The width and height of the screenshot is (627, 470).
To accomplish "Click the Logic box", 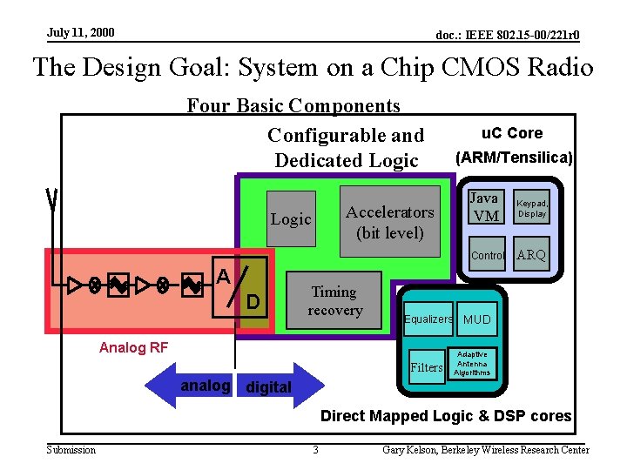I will pyautogui.click(x=291, y=219).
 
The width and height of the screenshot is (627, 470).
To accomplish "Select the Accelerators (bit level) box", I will pyautogui.click(x=389, y=222).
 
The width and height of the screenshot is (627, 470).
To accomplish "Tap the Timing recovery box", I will pyautogui.click(x=334, y=301).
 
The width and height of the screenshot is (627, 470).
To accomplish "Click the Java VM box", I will pyautogui.click(x=484, y=207).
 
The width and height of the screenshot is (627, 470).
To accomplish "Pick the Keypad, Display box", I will pyautogui.click(x=531, y=207).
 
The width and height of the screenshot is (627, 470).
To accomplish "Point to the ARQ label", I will pyautogui.click(x=531, y=255).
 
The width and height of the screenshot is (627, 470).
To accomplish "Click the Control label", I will pyautogui.click(x=488, y=256).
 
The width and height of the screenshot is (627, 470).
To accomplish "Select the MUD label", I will pyautogui.click(x=477, y=319).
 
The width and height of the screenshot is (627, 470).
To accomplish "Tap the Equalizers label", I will pyautogui.click(x=428, y=319).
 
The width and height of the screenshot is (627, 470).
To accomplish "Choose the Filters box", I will pyautogui.click(x=427, y=367).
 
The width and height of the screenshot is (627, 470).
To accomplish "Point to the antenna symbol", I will pyautogui.click(x=53, y=200).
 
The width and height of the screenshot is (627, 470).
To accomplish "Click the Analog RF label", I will pyautogui.click(x=134, y=348).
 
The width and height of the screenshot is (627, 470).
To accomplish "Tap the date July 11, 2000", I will pyautogui.click(x=81, y=33).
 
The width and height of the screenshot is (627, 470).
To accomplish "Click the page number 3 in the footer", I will pyautogui.click(x=315, y=450).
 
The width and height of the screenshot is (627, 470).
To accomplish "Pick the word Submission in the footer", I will pyautogui.click(x=71, y=450).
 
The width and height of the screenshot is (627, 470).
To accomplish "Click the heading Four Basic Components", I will pyautogui.click(x=293, y=106).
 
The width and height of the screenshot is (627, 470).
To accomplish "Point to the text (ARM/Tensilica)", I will pyautogui.click(x=514, y=158).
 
